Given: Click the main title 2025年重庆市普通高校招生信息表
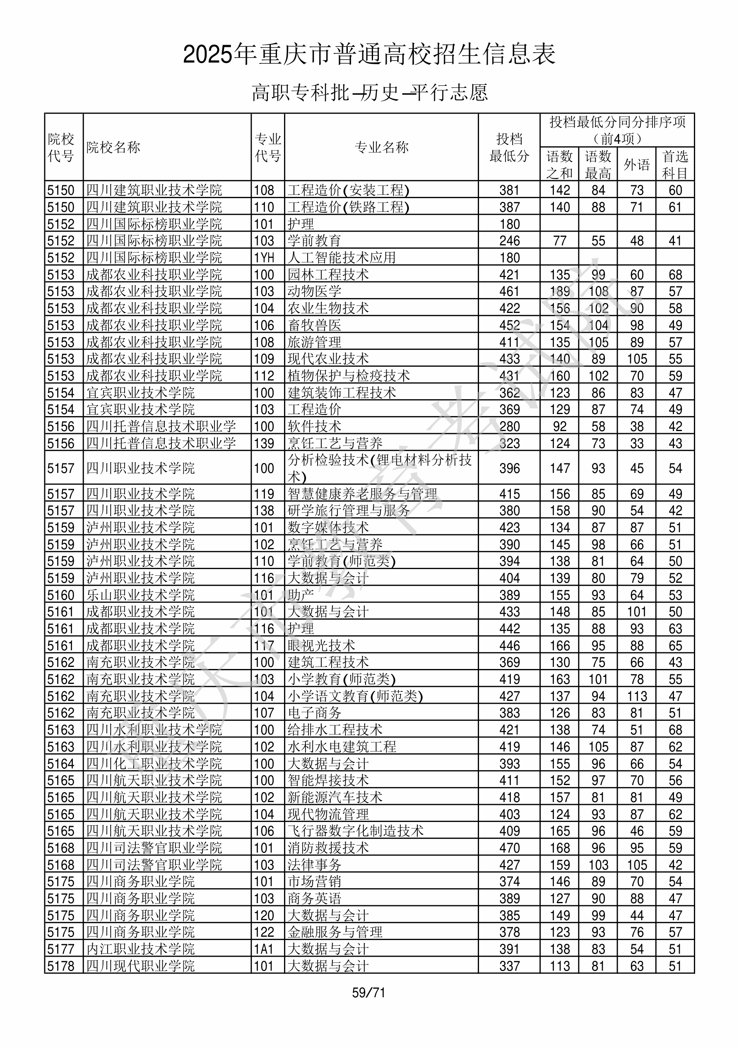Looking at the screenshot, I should tap(369, 54).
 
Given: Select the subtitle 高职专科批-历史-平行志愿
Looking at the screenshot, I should tap(369, 92).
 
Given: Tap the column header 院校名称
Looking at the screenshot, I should tap(113, 147).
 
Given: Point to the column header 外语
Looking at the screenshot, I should tap(636, 165).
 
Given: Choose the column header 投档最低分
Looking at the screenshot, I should tap(509, 147).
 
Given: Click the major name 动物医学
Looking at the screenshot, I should tap(314, 291).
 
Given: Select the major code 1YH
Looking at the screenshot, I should tap(264, 258).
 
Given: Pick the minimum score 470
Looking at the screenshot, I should tap(509, 848).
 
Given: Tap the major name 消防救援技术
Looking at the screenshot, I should tap(328, 848).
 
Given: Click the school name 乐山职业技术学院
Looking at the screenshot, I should tap(140, 595).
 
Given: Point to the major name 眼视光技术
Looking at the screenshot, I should tap(321, 645).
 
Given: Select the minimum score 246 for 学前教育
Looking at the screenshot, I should tap(509, 241).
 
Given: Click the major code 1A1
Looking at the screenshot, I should tap(264, 949).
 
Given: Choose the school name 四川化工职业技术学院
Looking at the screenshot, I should tap(154, 763).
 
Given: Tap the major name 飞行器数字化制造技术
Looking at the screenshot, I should tap(355, 831).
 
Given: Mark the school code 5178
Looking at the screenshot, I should tap(60, 966).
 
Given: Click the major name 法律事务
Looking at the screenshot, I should tap(314, 865).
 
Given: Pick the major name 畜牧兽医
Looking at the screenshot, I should tap(314, 325).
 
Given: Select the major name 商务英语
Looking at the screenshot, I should tap(314, 898).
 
